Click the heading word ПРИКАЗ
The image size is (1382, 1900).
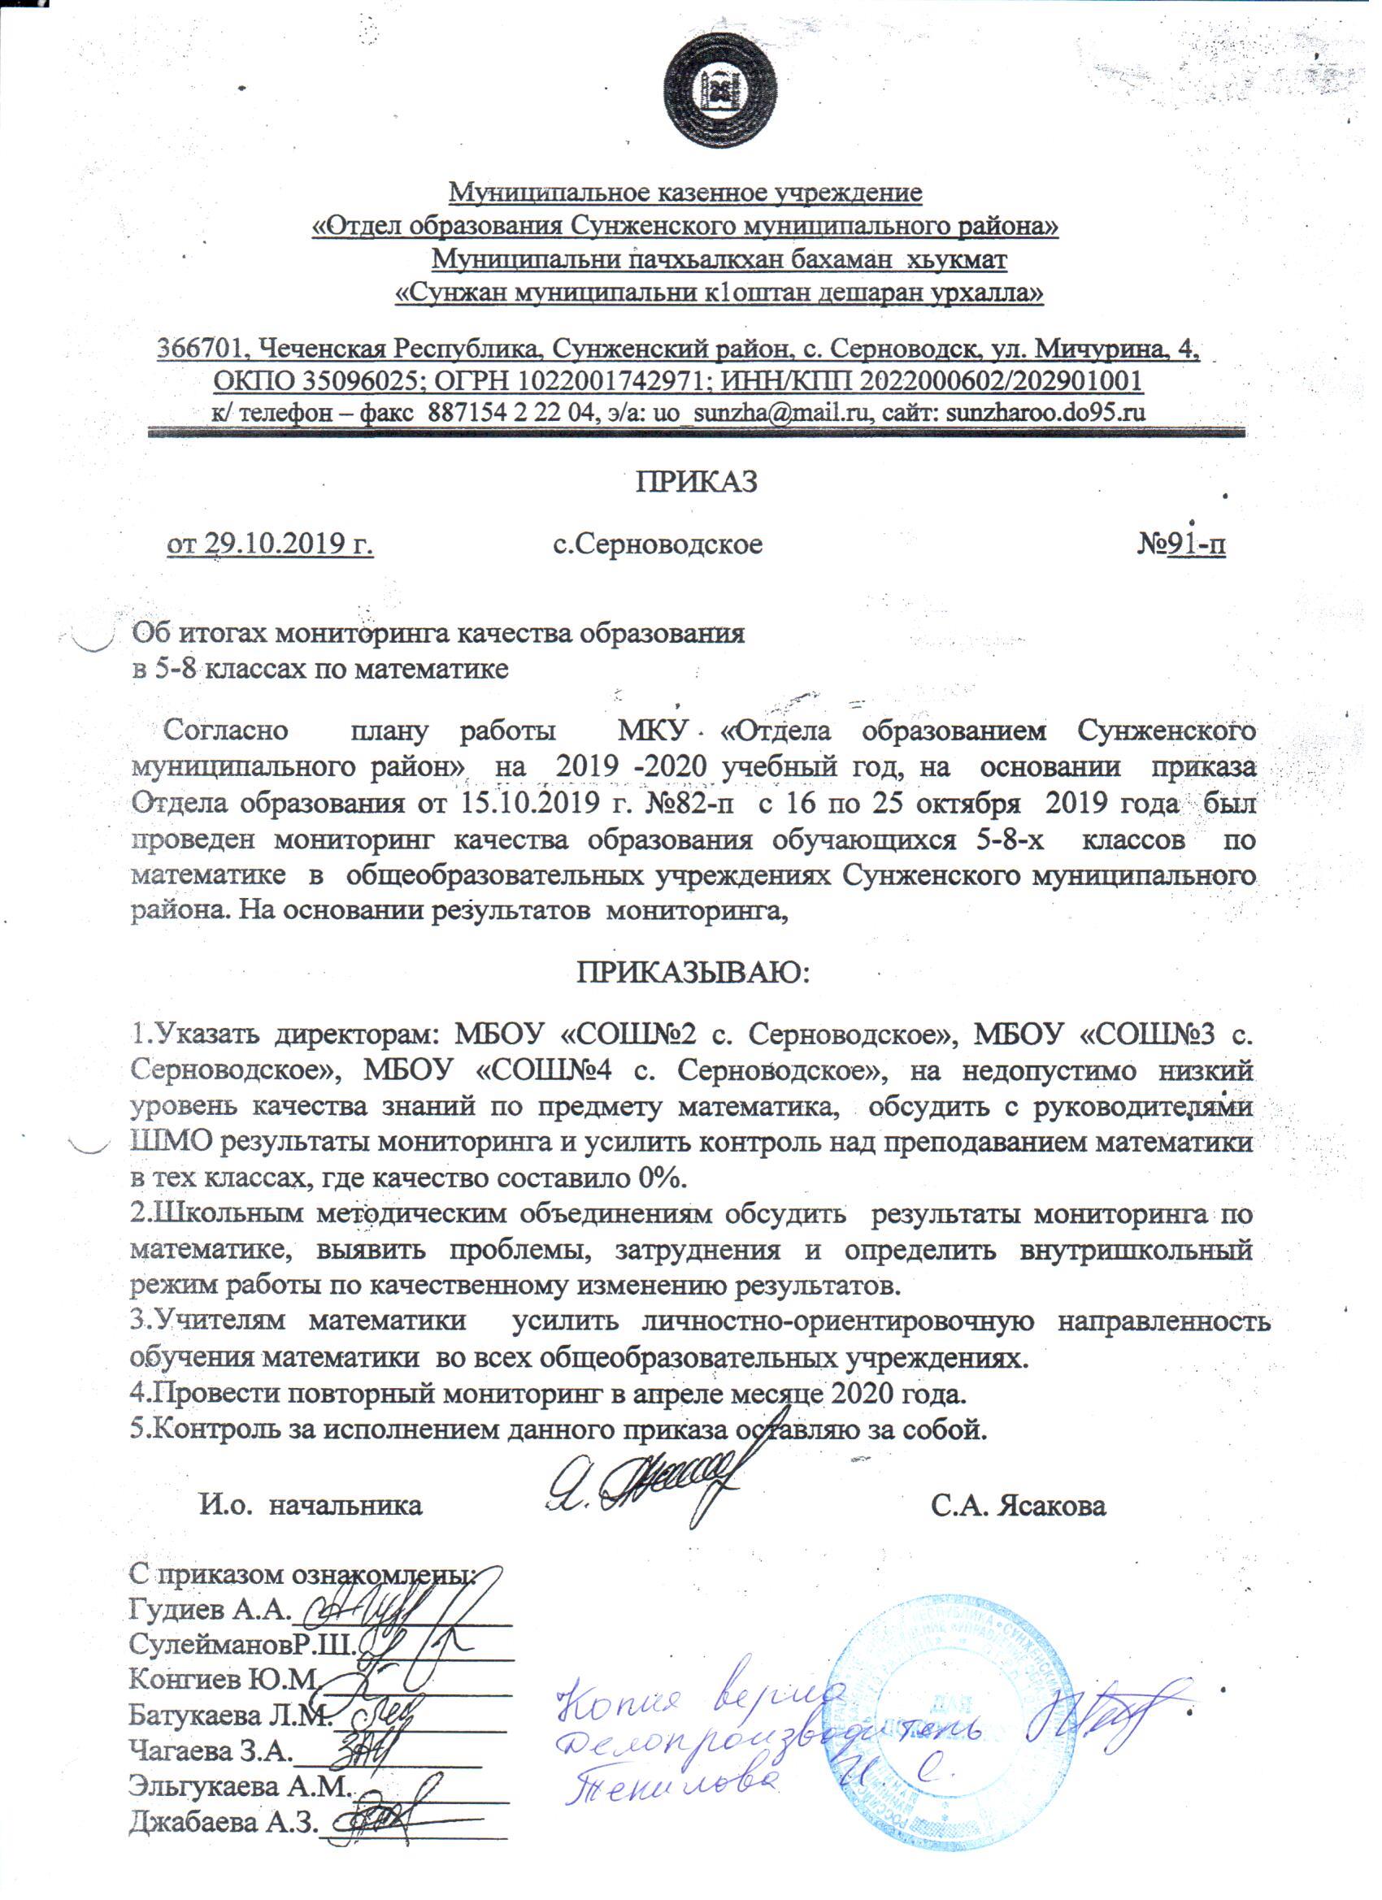[696, 482]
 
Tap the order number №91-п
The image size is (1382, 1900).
[1182, 544]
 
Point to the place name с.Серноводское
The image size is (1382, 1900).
[658, 544]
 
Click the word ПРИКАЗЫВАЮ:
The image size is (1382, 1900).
[693, 973]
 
